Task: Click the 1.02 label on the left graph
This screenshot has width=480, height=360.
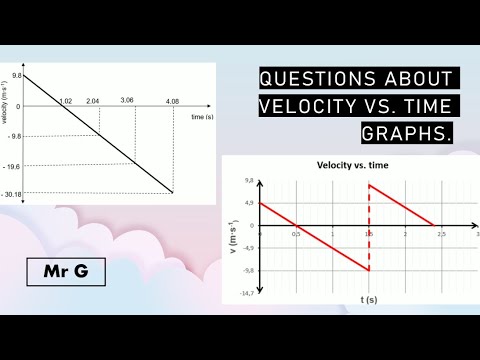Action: point(65,101)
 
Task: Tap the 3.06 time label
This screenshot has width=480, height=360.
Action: point(127,101)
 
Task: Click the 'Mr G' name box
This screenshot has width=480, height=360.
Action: point(57,272)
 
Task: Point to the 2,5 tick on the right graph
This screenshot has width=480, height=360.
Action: point(441,233)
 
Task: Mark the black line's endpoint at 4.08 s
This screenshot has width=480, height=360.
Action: point(173,193)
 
